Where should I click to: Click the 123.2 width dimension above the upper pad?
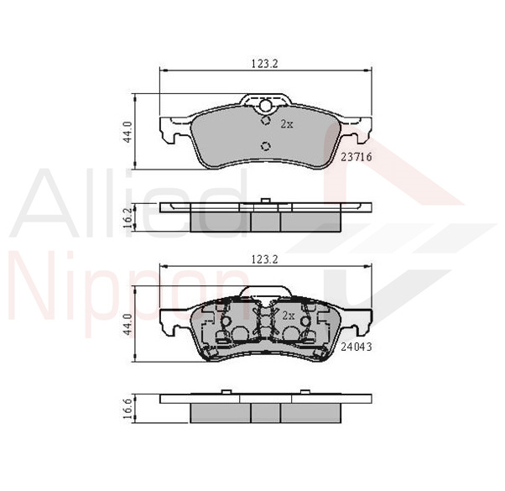264,64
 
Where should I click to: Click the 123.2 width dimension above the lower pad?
264,259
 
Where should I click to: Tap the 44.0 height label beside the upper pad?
128,132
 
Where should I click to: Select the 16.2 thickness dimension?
128,217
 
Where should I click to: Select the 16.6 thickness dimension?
128,409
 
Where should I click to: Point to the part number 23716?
357,157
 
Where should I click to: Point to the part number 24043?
357,347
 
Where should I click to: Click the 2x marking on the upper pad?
287,123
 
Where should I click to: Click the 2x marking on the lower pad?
289,316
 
